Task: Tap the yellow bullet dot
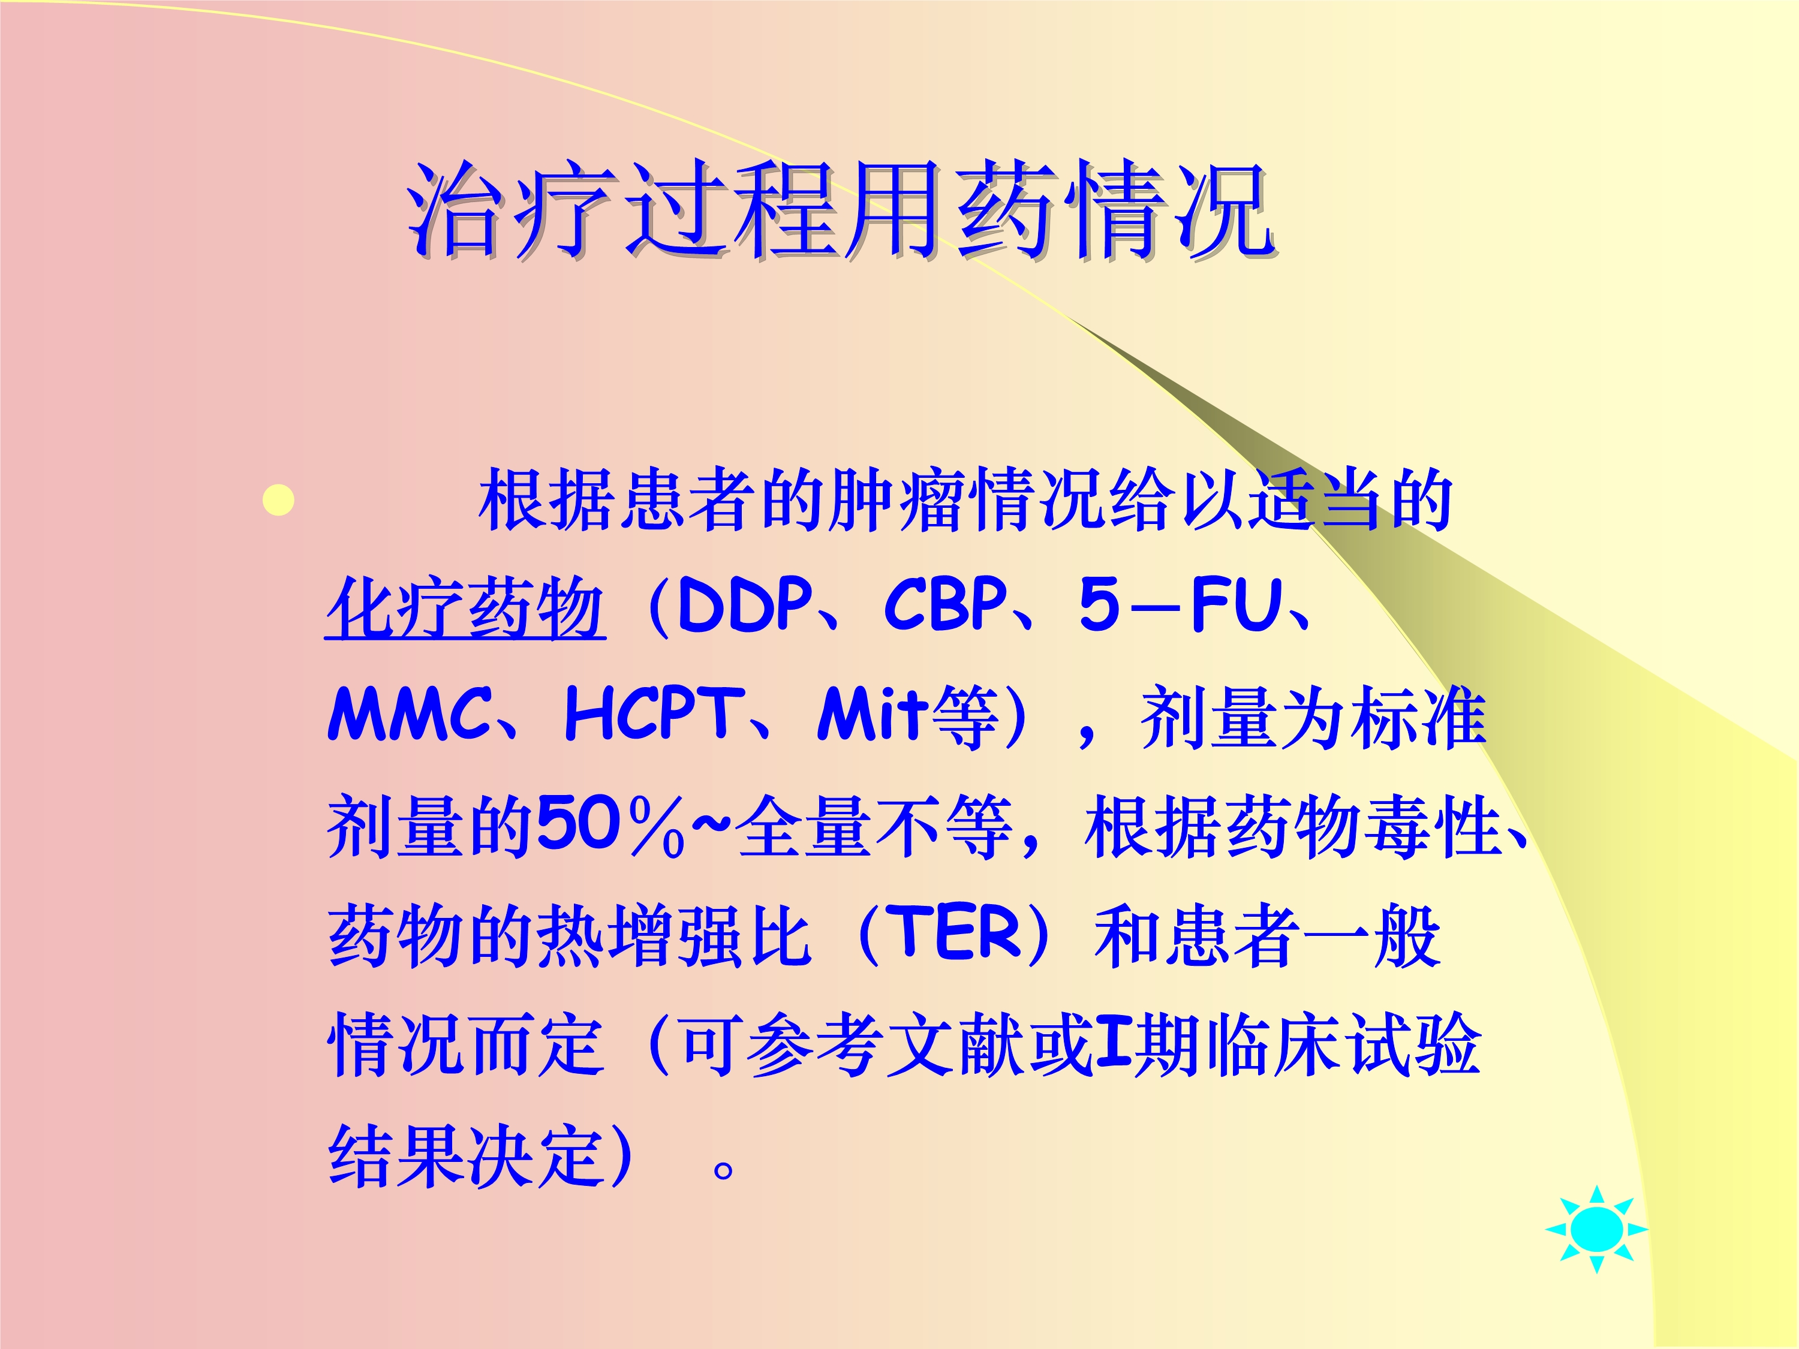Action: coord(279,500)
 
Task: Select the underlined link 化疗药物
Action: coord(465,607)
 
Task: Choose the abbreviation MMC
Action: coord(410,714)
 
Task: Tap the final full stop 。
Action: coord(723,1169)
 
